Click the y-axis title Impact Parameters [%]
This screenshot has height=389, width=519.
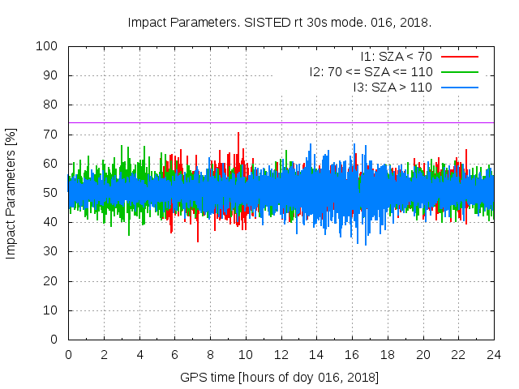11,193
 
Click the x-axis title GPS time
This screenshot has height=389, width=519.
280,378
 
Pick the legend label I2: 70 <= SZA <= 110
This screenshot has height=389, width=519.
371,71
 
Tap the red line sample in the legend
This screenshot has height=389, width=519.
459,56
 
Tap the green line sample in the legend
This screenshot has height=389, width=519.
459,71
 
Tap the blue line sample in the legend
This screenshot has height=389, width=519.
459,87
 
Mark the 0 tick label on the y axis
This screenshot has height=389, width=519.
57,340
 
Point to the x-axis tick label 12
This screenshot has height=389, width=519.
281,354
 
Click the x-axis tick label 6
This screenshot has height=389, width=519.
174,354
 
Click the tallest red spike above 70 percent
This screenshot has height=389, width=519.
238,134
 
